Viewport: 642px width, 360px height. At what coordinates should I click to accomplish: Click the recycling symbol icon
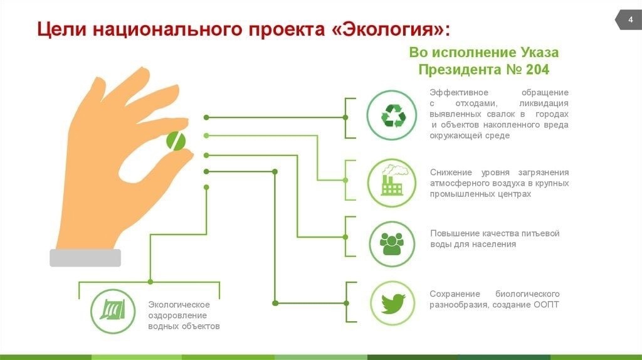393,116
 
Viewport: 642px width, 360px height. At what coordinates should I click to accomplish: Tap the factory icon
392,181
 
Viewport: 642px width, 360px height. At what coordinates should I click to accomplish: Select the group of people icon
392,244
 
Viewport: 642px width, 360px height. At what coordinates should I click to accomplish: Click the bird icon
393,304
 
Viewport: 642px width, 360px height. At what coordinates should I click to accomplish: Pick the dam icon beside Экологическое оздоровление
113,310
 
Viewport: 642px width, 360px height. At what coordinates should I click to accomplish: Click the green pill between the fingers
176,141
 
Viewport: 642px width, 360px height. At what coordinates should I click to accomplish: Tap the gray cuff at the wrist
85,258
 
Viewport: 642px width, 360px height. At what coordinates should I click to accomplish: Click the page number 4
631,19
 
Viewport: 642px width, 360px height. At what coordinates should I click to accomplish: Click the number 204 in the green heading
537,70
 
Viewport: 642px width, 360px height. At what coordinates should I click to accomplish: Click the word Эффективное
459,93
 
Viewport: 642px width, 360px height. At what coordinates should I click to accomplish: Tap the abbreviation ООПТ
546,305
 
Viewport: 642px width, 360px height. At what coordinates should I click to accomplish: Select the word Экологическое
179,305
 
